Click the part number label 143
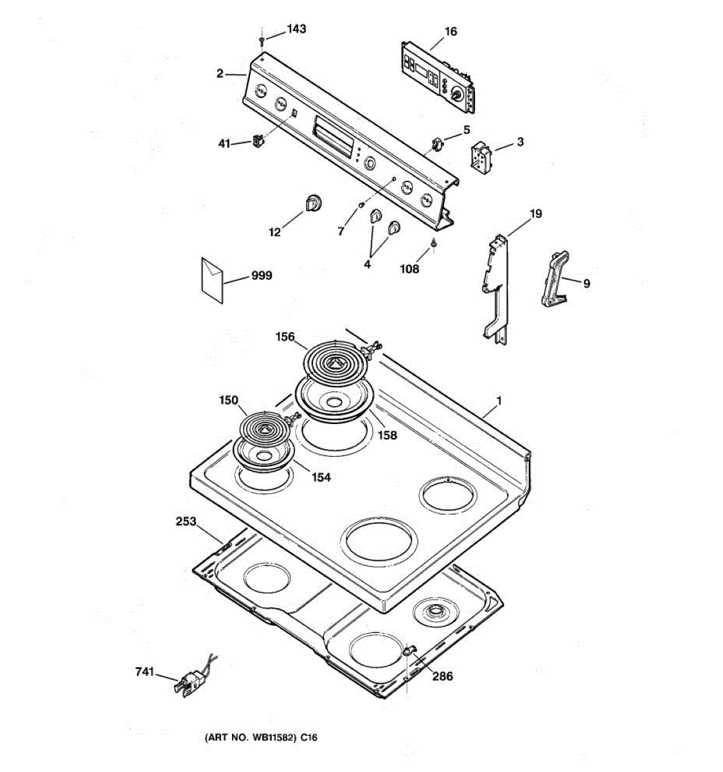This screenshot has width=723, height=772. [296, 29]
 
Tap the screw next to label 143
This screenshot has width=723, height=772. [262, 42]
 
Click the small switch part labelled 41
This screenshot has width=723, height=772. [258, 140]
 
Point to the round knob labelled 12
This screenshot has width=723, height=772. [312, 202]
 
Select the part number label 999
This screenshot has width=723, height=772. [262, 275]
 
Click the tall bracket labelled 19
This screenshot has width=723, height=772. [498, 283]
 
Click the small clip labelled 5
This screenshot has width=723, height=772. [438, 144]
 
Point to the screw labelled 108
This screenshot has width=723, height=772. [435, 243]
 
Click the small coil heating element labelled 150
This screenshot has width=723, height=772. [264, 428]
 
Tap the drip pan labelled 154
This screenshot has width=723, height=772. [264, 455]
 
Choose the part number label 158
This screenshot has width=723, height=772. [387, 436]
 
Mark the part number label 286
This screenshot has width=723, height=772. [442, 676]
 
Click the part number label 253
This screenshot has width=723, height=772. [186, 521]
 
